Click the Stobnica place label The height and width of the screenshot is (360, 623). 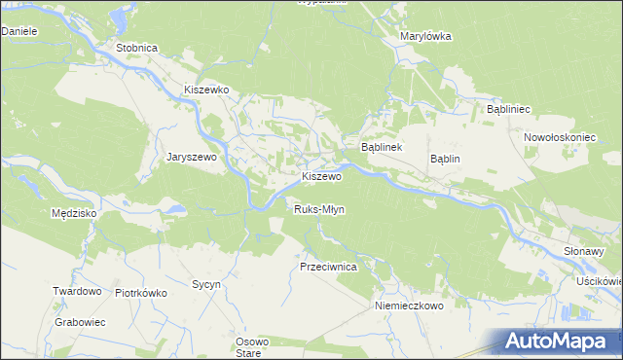(136, 48)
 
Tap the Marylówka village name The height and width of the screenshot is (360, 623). (426, 37)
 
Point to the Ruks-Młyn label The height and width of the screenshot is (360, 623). (319, 209)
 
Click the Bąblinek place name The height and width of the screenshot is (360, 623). (383, 147)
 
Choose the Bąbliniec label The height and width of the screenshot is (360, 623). (507, 110)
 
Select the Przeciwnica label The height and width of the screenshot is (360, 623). (329, 266)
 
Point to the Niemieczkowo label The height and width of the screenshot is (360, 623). (409, 305)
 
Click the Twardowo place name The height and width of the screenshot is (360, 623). (78, 291)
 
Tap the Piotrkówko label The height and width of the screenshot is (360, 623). (142, 292)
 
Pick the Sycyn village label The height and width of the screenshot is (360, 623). (206, 284)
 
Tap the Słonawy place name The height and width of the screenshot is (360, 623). (585, 251)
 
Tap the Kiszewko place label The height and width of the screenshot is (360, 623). (206, 90)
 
